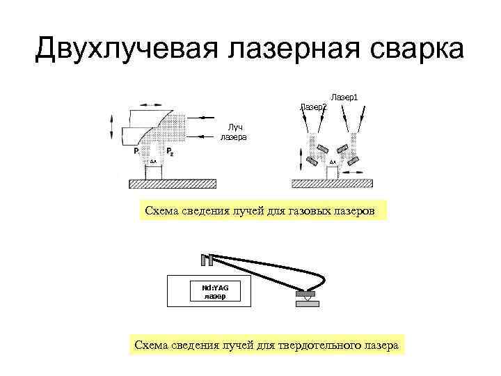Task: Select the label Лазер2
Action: (312, 107)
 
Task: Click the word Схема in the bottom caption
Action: (150, 345)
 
